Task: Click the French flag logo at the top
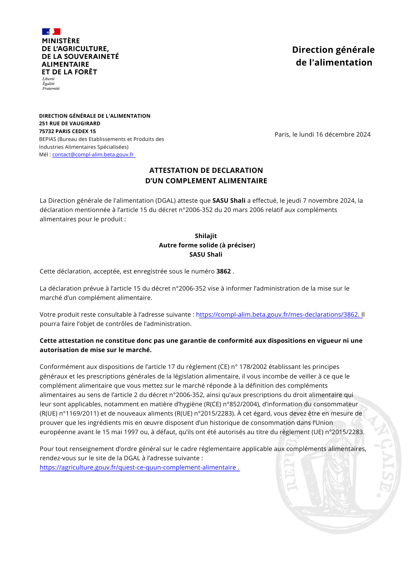click(x=51, y=31)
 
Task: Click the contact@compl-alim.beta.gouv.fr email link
click(x=93, y=155)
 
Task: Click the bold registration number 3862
click(x=224, y=271)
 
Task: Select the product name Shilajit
click(x=206, y=236)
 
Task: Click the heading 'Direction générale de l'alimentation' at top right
click(x=333, y=56)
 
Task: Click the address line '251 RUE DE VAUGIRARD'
click(x=70, y=124)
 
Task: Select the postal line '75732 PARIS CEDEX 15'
click(x=67, y=131)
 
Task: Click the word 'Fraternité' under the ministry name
click(x=51, y=88)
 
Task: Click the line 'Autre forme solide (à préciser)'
click(x=207, y=245)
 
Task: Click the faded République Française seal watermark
click(x=338, y=464)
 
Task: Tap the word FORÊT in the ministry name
click(x=86, y=72)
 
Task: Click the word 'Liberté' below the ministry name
click(x=48, y=79)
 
